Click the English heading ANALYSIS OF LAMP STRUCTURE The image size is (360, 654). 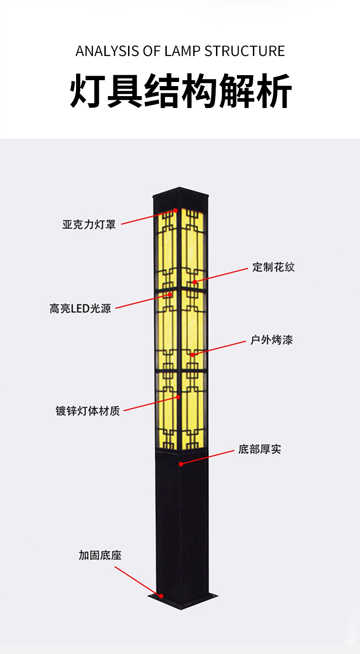(180, 51)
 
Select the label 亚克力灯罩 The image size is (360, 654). (89, 225)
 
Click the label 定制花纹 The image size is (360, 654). (273, 267)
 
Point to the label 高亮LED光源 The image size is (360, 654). (80, 308)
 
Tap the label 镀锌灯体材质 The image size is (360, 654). (87, 411)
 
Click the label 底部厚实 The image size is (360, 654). (259, 450)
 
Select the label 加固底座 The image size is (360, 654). (100, 555)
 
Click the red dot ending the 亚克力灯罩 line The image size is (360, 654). (175, 211)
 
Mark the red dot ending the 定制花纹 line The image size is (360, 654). (195, 282)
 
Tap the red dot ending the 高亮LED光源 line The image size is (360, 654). (170, 295)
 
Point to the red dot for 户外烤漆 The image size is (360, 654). (193, 354)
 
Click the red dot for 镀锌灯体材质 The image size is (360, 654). (178, 397)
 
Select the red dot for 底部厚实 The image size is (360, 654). (181, 464)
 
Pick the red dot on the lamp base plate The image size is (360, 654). (160, 595)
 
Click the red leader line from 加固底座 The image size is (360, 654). (137, 581)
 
